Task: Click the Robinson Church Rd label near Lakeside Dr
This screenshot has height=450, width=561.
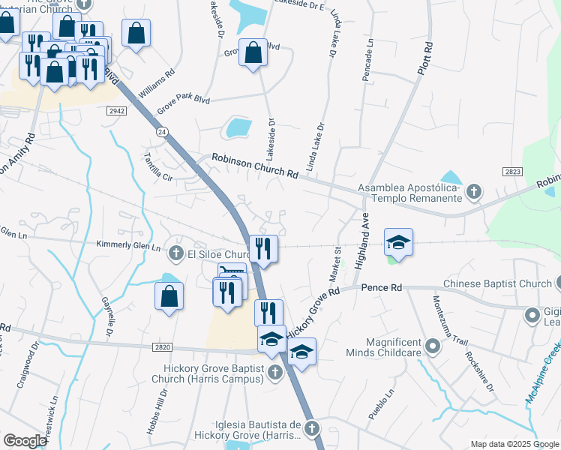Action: click(x=255, y=166)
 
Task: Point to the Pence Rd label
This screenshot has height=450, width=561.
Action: click(x=382, y=287)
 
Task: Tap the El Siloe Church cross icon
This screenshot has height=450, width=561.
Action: click(x=176, y=253)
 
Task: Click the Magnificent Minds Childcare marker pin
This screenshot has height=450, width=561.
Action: click(x=433, y=346)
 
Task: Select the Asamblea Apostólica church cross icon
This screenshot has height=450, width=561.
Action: click(x=473, y=192)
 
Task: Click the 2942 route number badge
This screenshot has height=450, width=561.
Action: click(x=116, y=109)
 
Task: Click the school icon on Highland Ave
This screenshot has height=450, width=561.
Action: click(x=399, y=241)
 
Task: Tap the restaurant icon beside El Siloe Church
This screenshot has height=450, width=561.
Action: click(x=263, y=247)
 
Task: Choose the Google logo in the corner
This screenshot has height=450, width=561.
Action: click(x=25, y=441)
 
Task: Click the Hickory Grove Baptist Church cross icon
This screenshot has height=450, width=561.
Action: click(x=276, y=372)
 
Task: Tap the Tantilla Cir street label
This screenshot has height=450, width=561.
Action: click(x=158, y=167)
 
